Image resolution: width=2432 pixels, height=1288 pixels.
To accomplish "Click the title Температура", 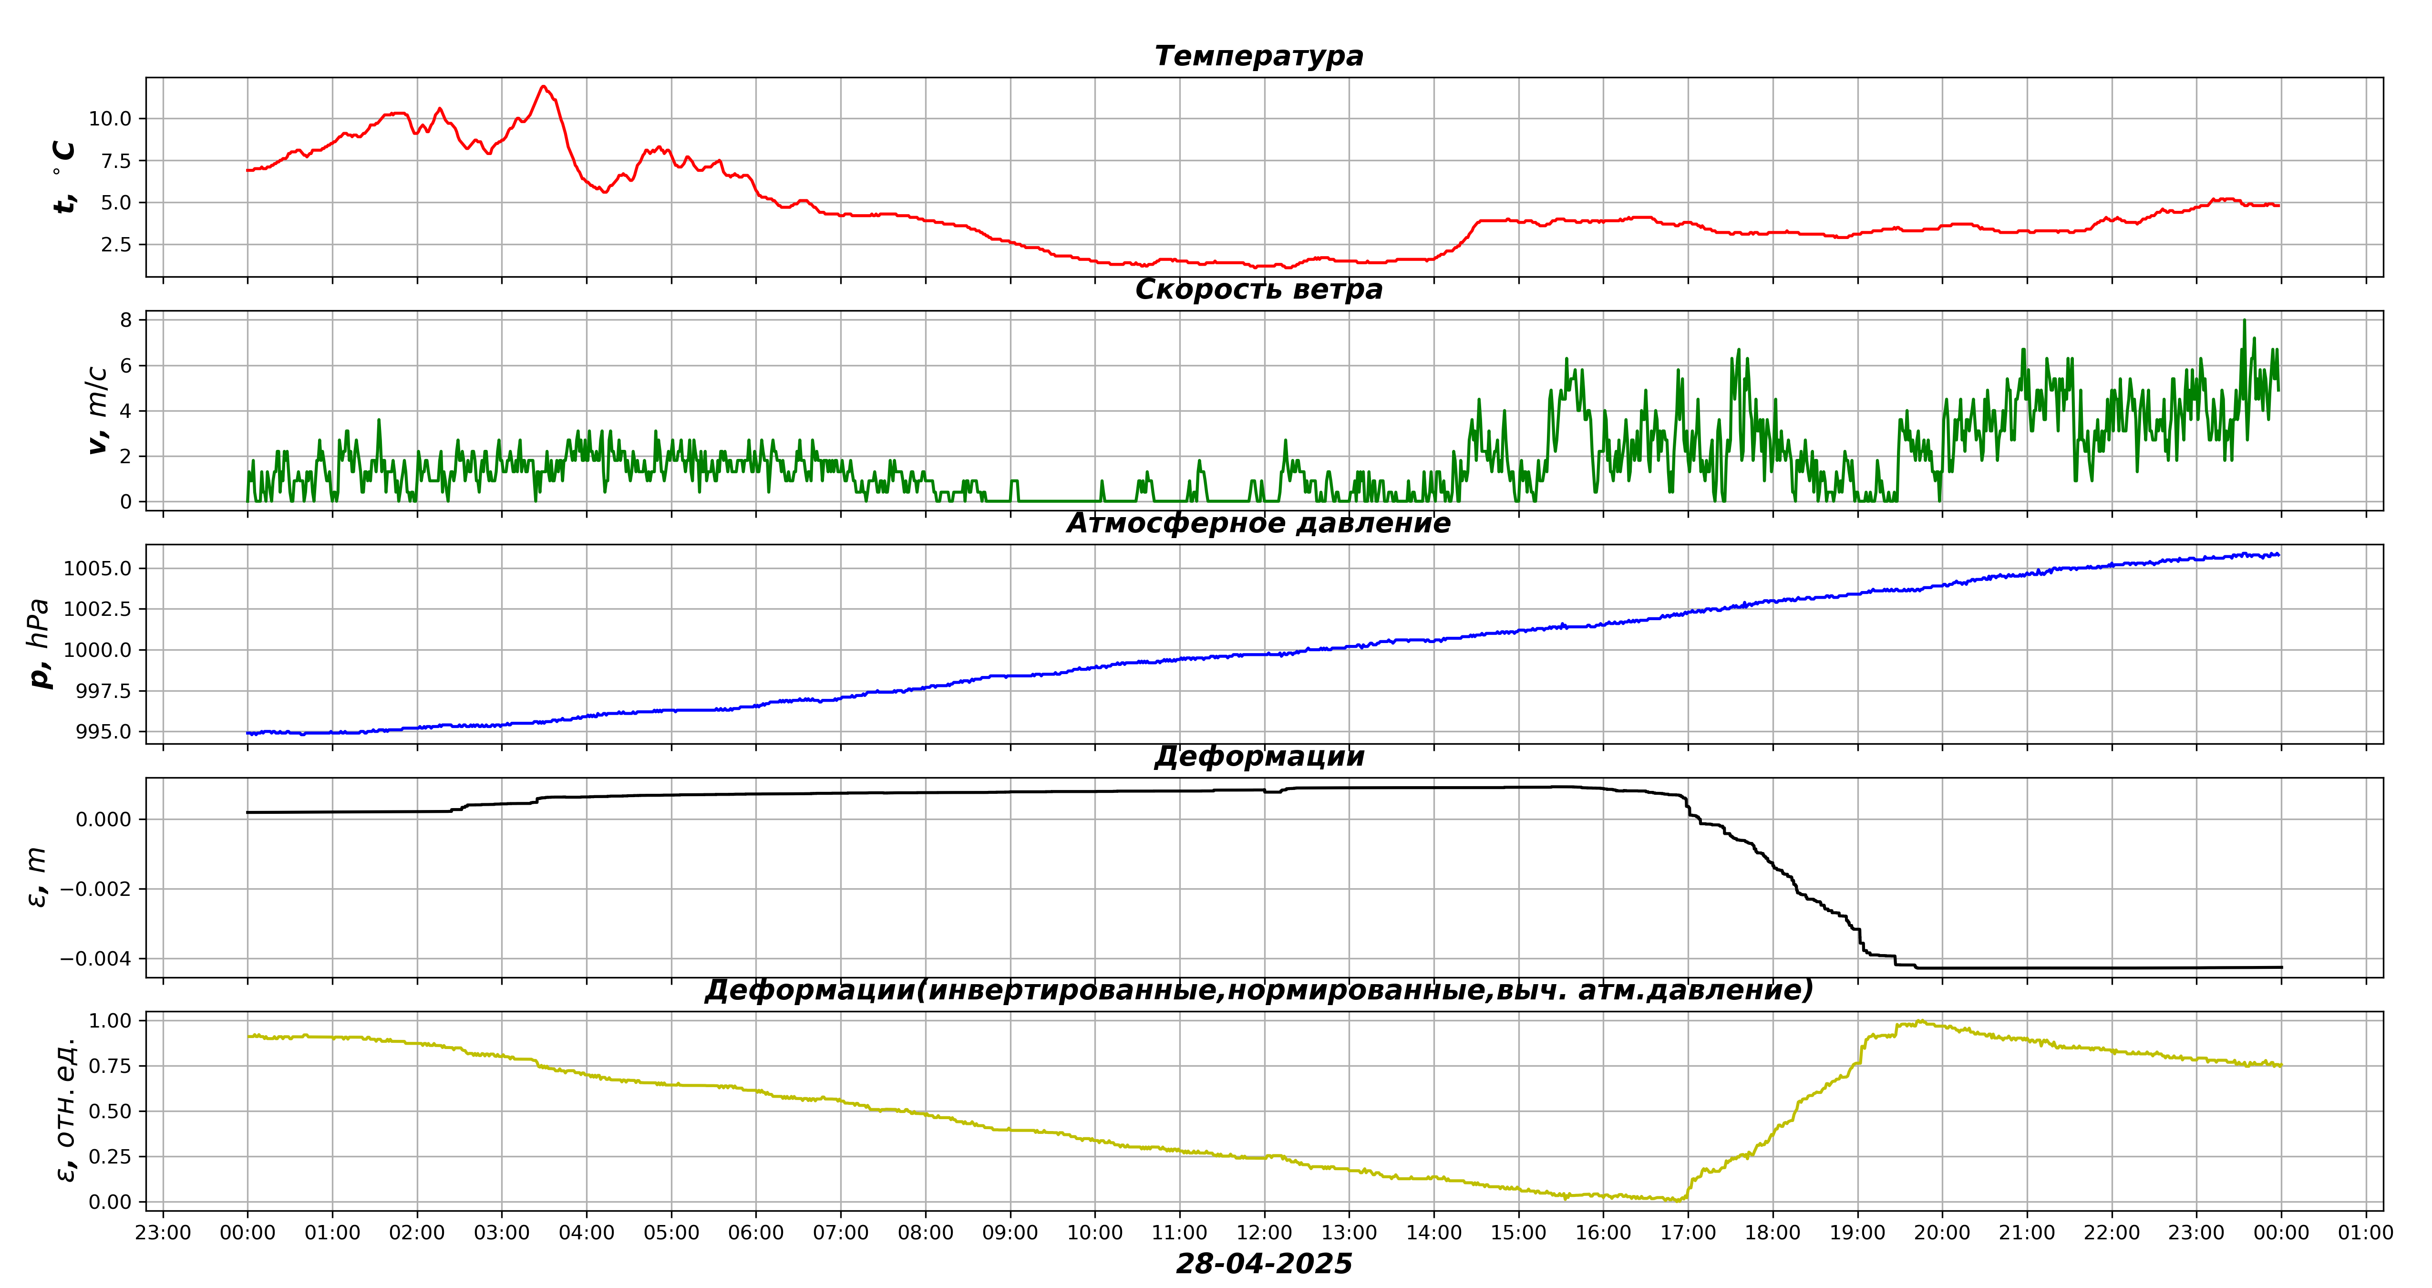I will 1258,56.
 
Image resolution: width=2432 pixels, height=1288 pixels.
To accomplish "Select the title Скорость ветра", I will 1258,289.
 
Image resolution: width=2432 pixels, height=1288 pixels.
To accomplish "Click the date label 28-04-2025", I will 1263,1264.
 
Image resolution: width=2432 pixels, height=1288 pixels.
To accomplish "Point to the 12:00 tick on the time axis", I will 1264,1232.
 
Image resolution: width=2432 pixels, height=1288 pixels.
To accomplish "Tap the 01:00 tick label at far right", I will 2365,1232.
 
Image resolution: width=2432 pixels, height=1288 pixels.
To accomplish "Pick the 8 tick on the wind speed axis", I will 125,320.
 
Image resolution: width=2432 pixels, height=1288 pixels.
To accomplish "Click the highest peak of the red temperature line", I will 543,87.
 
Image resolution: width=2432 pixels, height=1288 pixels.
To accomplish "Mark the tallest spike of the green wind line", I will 2244,320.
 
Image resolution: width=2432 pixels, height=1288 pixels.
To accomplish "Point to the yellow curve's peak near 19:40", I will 1920,1021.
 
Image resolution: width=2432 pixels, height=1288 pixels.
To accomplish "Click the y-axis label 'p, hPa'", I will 40,643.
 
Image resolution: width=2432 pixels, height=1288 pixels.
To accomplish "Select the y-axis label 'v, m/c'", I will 97,410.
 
